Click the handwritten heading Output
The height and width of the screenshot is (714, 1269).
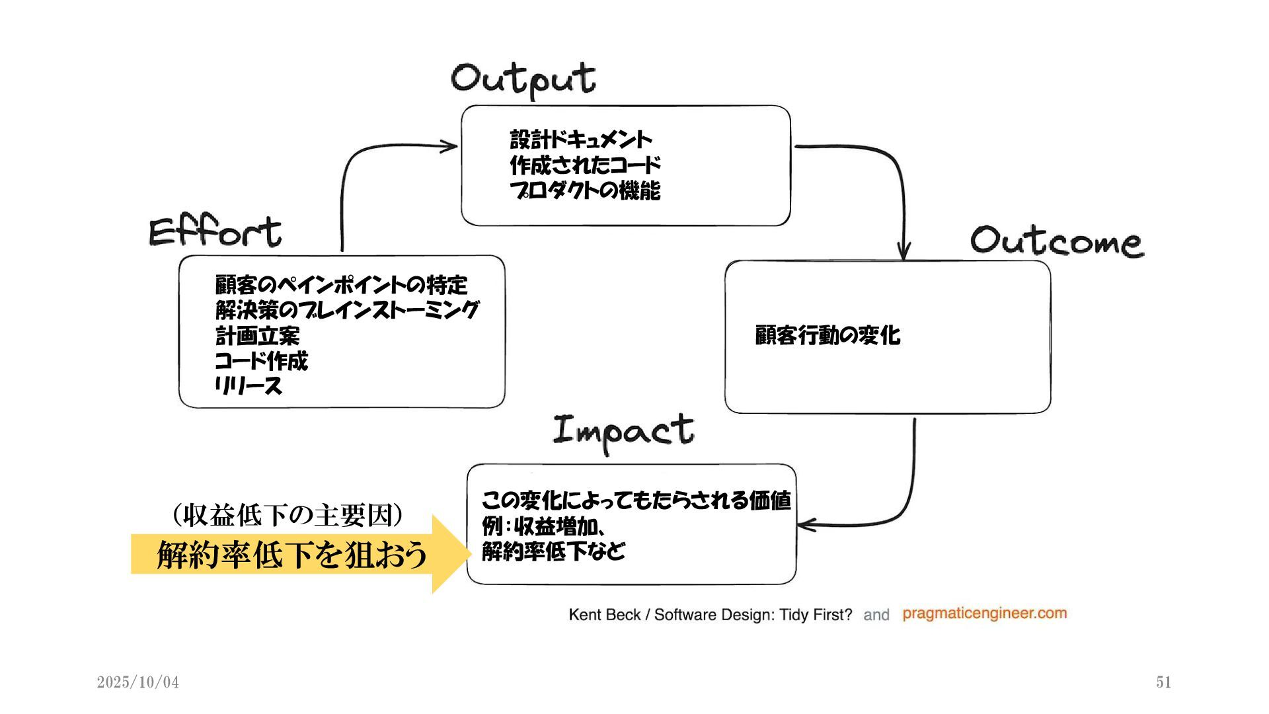[x=523, y=79]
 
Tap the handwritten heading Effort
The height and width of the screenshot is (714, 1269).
[x=215, y=231]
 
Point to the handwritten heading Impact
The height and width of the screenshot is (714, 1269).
[x=623, y=431]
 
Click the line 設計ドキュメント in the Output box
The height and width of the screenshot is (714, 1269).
[x=581, y=139]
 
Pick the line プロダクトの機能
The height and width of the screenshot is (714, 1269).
[x=585, y=190]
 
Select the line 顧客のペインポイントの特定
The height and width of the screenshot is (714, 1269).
[x=341, y=285]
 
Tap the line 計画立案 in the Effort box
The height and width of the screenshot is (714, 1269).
[x=257, y=336]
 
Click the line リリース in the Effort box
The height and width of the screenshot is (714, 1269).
[x=249, y=385]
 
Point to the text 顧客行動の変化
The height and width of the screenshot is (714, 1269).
[x=827, y=335]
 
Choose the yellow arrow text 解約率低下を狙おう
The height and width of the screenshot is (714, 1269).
[x=291, y=554]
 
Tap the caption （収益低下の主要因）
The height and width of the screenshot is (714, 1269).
[x=288, y=515]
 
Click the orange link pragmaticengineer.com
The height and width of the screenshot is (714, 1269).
[x=984, y=614]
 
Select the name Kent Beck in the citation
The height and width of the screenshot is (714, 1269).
[x=604, y=615]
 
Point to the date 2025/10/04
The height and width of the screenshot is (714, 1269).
[x=138, y=682]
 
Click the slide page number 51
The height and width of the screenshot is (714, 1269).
[x=1164, y=682]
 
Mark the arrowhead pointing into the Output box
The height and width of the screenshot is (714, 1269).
[x=451, y=146]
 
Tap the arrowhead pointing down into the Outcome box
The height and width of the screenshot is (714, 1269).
[x=904, y=253]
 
